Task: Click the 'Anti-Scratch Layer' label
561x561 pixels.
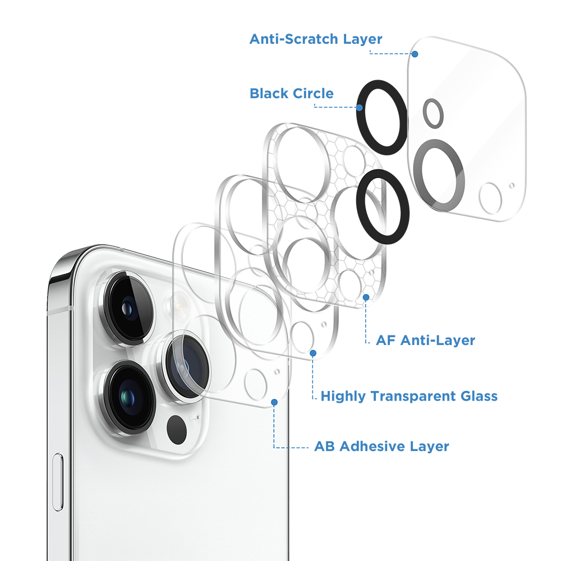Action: click(316, 39)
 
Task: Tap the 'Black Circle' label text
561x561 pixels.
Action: click(292, 93)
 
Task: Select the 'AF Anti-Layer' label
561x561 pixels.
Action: click(425, 340)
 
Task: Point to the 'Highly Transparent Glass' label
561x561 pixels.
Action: click(409, 396)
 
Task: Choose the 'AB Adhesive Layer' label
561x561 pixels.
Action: click(381, 447)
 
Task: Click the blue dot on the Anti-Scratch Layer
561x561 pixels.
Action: click(415, 54)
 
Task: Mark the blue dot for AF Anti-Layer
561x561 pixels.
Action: click(366, 297)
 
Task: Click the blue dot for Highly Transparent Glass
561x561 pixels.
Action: click(313, 353)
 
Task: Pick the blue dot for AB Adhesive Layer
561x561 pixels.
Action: click(274, 402)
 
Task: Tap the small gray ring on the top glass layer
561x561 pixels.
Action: click(433, 112)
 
